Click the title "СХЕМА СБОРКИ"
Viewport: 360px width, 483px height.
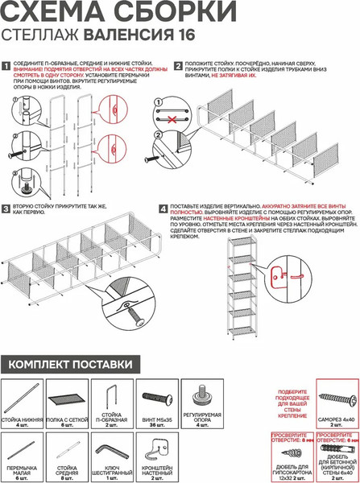[121, 14]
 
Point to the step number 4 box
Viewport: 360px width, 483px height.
[163, 208]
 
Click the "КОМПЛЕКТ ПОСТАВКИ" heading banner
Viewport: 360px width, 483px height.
[70, 365]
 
